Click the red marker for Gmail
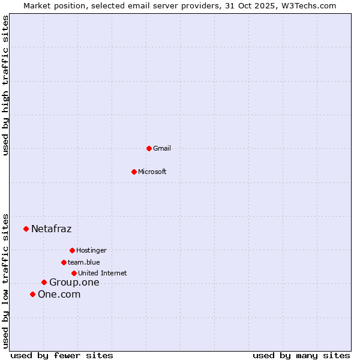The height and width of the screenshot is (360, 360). pos(149,148)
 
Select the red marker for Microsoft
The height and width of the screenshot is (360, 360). pos(134,172)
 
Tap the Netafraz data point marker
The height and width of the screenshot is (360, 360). pos(26,229)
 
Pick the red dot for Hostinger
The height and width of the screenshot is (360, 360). pos(72,250)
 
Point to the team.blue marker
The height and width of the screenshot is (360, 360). pos(64,262)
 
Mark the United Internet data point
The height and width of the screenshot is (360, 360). pos(74,273)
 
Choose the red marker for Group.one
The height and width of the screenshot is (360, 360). pos(44,282)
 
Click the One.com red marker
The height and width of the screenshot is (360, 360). pos(32,294)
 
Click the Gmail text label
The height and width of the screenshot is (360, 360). pos(162,148)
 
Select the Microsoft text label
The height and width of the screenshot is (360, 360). pos(152,172)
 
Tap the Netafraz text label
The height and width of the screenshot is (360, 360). pos(52,229)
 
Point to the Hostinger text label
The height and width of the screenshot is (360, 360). pos(91,250)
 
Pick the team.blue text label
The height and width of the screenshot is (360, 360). pos(84,262)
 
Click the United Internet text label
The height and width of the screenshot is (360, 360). pos(103,273)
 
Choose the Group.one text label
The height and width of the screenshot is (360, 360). pos(74,282)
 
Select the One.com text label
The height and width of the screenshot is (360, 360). pos(59,294)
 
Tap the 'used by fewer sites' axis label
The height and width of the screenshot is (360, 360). pos(62,355)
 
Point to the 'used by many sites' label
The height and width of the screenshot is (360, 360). pos(301,355)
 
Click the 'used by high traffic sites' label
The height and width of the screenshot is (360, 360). pos(5,85)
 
